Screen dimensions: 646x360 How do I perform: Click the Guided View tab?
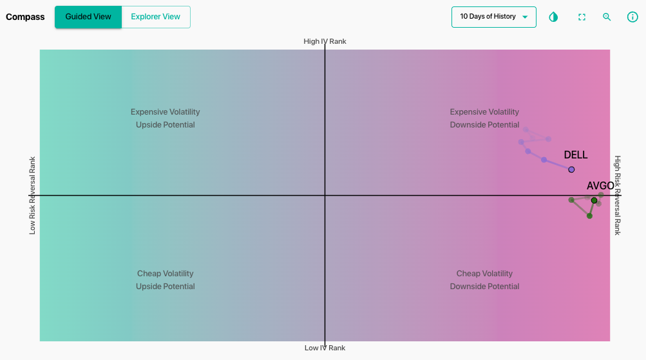(88, 17)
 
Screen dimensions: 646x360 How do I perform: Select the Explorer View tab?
(156, 17)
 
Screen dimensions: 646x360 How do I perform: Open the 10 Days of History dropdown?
(493, 17)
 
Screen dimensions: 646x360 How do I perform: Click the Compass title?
(25, 17)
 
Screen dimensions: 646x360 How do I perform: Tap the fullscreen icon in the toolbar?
(582, 17)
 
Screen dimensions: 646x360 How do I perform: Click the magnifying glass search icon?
(607, 17)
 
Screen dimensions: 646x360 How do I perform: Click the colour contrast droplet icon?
(553, 17)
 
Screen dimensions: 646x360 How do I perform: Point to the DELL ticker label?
(576, 155)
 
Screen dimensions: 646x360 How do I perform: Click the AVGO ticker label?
(600, 185)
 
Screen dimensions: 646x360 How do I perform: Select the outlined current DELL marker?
(571, 170)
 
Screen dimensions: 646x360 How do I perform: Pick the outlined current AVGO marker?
(594, 200)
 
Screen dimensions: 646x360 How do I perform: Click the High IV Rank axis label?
(325, 41)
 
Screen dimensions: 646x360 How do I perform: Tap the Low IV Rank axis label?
(325, 348)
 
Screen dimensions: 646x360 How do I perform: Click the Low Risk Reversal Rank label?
(32, 195)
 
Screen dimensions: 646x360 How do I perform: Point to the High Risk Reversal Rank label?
(617, 195)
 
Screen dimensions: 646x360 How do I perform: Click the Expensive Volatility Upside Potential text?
(166, 118)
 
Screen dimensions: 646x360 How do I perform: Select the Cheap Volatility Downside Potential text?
(484, 280)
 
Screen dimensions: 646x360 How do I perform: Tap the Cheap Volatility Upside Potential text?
(166, 280)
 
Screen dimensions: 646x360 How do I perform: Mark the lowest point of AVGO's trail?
(589, 216)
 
